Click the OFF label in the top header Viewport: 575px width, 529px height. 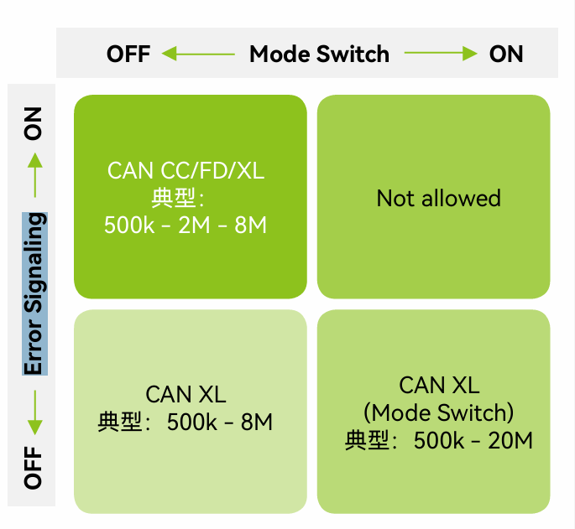tap(128, 54)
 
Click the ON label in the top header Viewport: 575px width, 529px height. tap(506, 54)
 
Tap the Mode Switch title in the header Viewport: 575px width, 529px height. tap(320, 54)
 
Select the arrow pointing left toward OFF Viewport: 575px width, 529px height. tap(198, 54)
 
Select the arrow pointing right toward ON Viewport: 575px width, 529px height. tap(440, 54)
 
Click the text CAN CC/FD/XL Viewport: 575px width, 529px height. tap(186, 171)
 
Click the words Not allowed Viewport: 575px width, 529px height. tap(438, 199)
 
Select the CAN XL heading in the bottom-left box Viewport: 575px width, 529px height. tap(186, 394)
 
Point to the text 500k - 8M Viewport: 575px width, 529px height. tap(220, 422)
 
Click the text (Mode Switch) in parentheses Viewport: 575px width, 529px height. tap(438, 412)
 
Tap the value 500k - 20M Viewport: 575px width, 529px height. tap(473, 440)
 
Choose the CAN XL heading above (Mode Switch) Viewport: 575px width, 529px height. tap(439, 385)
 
